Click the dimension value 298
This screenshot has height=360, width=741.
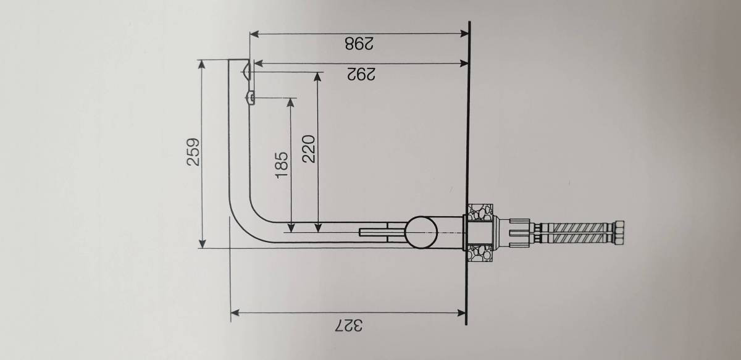[359, 43]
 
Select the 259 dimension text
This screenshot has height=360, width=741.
[193, 152]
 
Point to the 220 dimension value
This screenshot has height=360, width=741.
[309, 149]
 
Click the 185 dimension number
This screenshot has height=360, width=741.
[282, 165]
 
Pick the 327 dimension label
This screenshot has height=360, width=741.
[349, 325]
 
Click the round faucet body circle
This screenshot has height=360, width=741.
[421, 233]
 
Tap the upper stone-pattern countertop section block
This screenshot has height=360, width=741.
[480, 212]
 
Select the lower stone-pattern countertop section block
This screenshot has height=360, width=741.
[480, 253]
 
